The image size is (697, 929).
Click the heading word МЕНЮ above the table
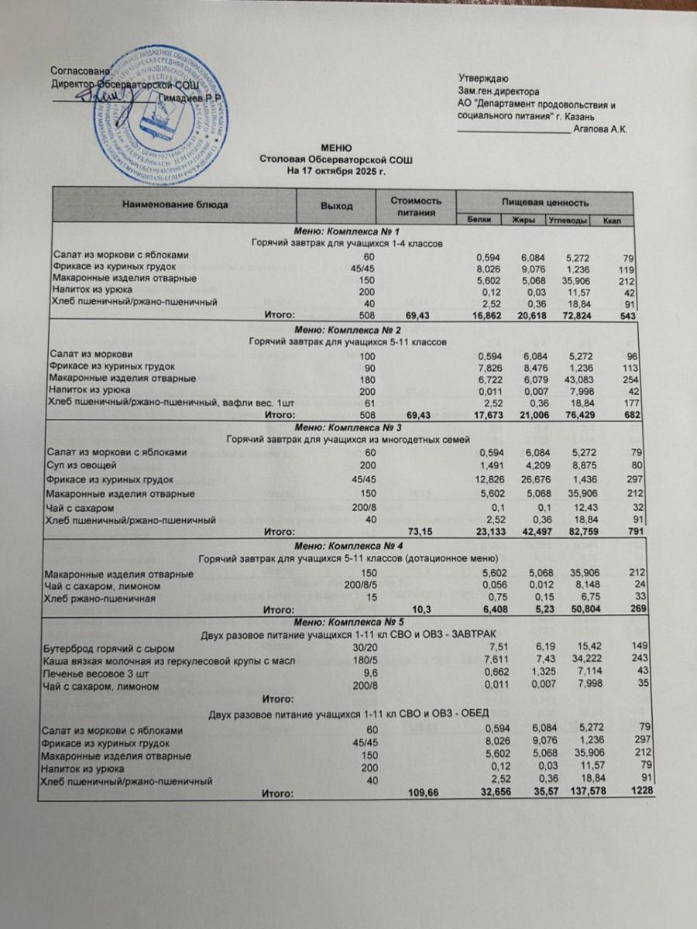pyautogui.click(x=337, y=148)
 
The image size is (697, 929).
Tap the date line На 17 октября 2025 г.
pyautogui.click(x=336, y=169)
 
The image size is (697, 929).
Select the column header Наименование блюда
pyautogui.click(x=173, y=205)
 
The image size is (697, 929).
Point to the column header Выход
pyautogui.click(x=336, y=205)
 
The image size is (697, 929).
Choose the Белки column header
pyautogui.click(x=479, y=221)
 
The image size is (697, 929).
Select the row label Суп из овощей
pyautogui.click(x=83, y=465)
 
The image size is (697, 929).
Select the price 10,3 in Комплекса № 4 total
pyautogui.click(x=422, y=610)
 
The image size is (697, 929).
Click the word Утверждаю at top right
pyautogui.click(x=483, y=78)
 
